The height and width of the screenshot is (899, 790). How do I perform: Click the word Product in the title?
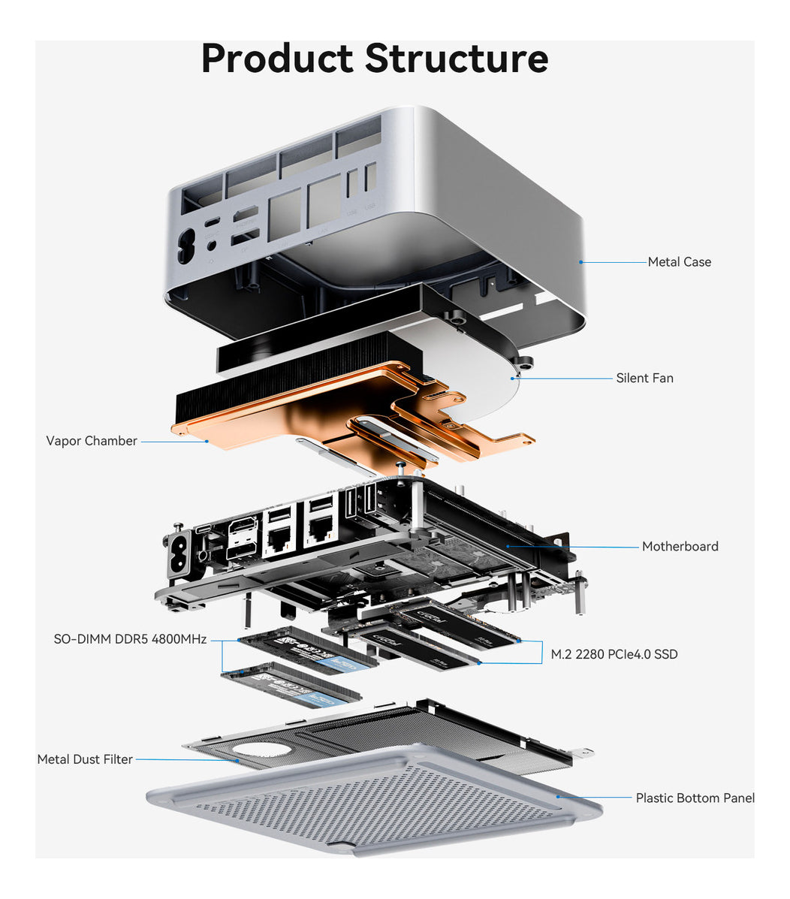pos(277,59)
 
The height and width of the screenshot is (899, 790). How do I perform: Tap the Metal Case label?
pos(679,262)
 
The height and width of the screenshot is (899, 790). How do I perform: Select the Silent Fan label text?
pos(644,379)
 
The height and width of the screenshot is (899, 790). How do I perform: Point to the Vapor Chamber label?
pos(92,441)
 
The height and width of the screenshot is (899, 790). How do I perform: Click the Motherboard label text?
pos(680,547)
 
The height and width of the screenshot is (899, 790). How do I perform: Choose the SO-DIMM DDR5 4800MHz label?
pos(130,639)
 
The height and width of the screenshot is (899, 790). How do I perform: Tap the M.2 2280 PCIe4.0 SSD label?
pos(614,654)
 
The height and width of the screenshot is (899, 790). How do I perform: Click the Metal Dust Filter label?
pos(85,759)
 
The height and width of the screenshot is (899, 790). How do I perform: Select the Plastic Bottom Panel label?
pos(695,798)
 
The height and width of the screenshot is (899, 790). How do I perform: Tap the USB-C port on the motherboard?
pos(203,529)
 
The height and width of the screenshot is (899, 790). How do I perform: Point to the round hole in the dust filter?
pos(261,749)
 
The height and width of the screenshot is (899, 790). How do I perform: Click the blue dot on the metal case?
pos(580,262)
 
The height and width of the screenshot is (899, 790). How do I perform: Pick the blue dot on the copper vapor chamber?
pos(207,442)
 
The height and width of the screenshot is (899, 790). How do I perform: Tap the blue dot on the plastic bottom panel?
pos(557,795)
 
